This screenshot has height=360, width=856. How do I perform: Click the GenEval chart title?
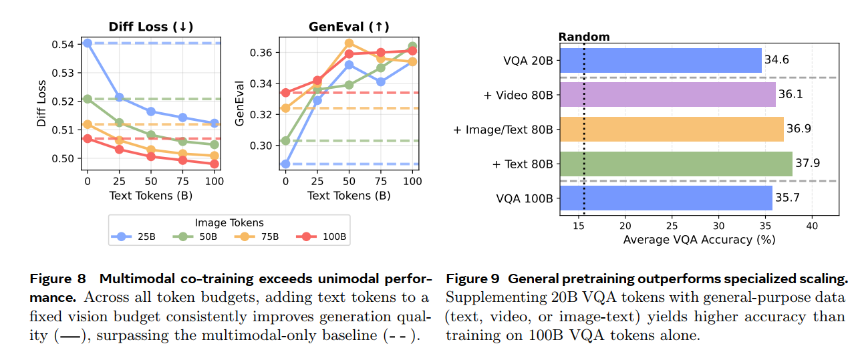click(x=349, y=27)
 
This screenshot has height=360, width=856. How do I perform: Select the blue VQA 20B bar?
click(x=660, y=60)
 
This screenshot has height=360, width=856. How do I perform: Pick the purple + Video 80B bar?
click(x=667, y=95)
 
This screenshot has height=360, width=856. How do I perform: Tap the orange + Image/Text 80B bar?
click(x=671, y=129)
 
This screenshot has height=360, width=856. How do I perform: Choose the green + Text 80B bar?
click(x=676, y=164)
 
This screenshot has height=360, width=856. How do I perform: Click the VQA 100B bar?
click(x=666, y=198)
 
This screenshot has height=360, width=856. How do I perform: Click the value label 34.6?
click(x=776, y=60)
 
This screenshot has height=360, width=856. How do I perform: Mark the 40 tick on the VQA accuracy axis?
click(x=811, y=226)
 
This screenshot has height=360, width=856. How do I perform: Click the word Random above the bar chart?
click(x=584, y=37)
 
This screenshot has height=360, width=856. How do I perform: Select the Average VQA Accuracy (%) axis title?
click(x=699, y=239)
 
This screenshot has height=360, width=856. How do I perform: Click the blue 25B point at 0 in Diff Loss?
click(x=87, y=43)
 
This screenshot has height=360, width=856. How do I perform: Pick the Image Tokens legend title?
click(x=229, y=222)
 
